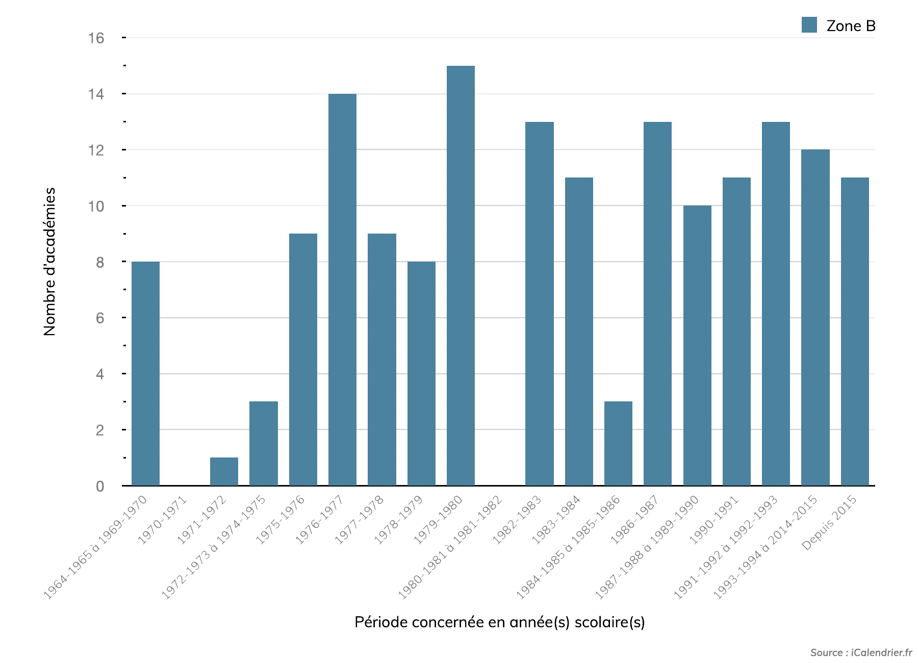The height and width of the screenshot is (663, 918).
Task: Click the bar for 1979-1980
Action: [x=461, y=275]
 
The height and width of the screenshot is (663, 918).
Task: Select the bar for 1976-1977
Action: [x=342, y=290]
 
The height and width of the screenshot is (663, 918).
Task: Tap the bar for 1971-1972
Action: [x=224, y=472]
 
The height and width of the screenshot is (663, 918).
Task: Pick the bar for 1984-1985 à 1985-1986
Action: [x=618, y=444]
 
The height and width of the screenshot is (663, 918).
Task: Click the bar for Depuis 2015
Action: [x=855, y=331]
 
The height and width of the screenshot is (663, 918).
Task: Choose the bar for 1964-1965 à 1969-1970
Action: [x=145, y=373]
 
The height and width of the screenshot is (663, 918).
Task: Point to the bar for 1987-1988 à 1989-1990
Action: [x=697, y=345]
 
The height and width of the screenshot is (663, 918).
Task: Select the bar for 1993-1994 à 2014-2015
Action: [x=815, y=317]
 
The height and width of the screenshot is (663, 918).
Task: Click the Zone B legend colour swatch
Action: [x=809, y=25]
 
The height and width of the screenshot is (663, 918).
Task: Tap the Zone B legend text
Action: [x=851, y=26]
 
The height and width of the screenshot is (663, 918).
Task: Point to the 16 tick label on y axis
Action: [x=96, y=38]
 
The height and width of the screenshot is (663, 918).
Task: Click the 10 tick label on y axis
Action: [x=96, y=206]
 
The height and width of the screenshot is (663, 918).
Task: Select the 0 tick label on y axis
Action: [x=100, y=486]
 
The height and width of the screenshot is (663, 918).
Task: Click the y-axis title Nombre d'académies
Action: [x=49, y=262]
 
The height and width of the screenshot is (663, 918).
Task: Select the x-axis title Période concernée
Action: [x=499, y=622]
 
